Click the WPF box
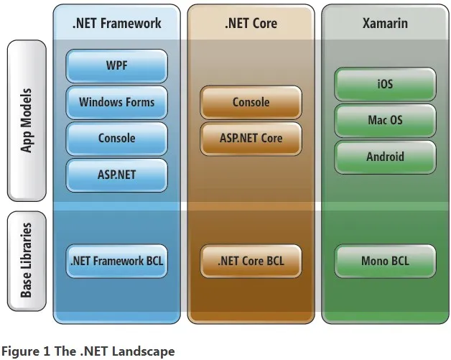coord(116,66)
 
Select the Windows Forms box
coord(116,102)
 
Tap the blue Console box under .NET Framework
coord(116,138)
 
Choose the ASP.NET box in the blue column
coord(116,174)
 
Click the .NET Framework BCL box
coord(116,261)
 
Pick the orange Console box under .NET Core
coord(251,102)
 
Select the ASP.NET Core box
coord(251,138)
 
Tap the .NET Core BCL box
coord(251,261)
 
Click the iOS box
coord(385,84)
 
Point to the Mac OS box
coord(385,120)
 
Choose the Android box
coord(385,156)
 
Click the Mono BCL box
coord(385,261)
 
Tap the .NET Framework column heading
coord(116,23)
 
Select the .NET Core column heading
coord(251,23)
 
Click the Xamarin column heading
coord(385,23)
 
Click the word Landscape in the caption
coord(146,352)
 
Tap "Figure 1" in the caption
coord(22,352)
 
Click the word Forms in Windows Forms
coord(139,102)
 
